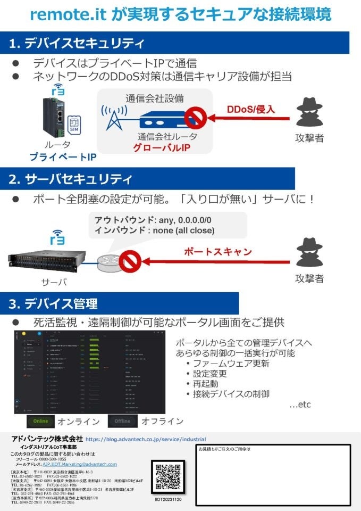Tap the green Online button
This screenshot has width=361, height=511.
40,421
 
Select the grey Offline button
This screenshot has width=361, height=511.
122,421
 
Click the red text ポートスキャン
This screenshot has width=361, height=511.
217,251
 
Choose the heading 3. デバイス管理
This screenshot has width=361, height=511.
53,304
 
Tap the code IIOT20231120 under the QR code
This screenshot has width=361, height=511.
167,500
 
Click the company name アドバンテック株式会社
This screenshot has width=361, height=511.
47,439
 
